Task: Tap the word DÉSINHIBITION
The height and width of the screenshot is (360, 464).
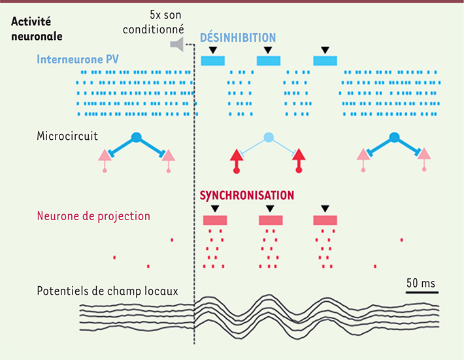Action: [237, 38]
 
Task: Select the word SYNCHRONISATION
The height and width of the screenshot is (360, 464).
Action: [246, 195]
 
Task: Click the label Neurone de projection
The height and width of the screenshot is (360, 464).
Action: [93, 216]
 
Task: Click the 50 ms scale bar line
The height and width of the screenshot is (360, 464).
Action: [420, 293]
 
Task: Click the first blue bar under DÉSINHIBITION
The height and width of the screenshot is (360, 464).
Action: [212, 61]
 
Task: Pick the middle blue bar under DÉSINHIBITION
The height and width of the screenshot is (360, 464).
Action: [269, 61]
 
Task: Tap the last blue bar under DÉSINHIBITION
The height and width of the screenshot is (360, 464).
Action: [325, 61]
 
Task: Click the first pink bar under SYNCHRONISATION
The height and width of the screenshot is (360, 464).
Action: [214, 220]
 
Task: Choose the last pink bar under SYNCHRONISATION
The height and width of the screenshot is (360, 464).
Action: [325, 220]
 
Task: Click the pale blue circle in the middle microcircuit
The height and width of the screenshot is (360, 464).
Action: [268, 138]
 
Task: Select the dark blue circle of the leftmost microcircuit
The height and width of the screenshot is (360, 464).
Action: [136, 137]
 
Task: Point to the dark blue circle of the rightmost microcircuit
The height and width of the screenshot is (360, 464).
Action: [394, 137]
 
